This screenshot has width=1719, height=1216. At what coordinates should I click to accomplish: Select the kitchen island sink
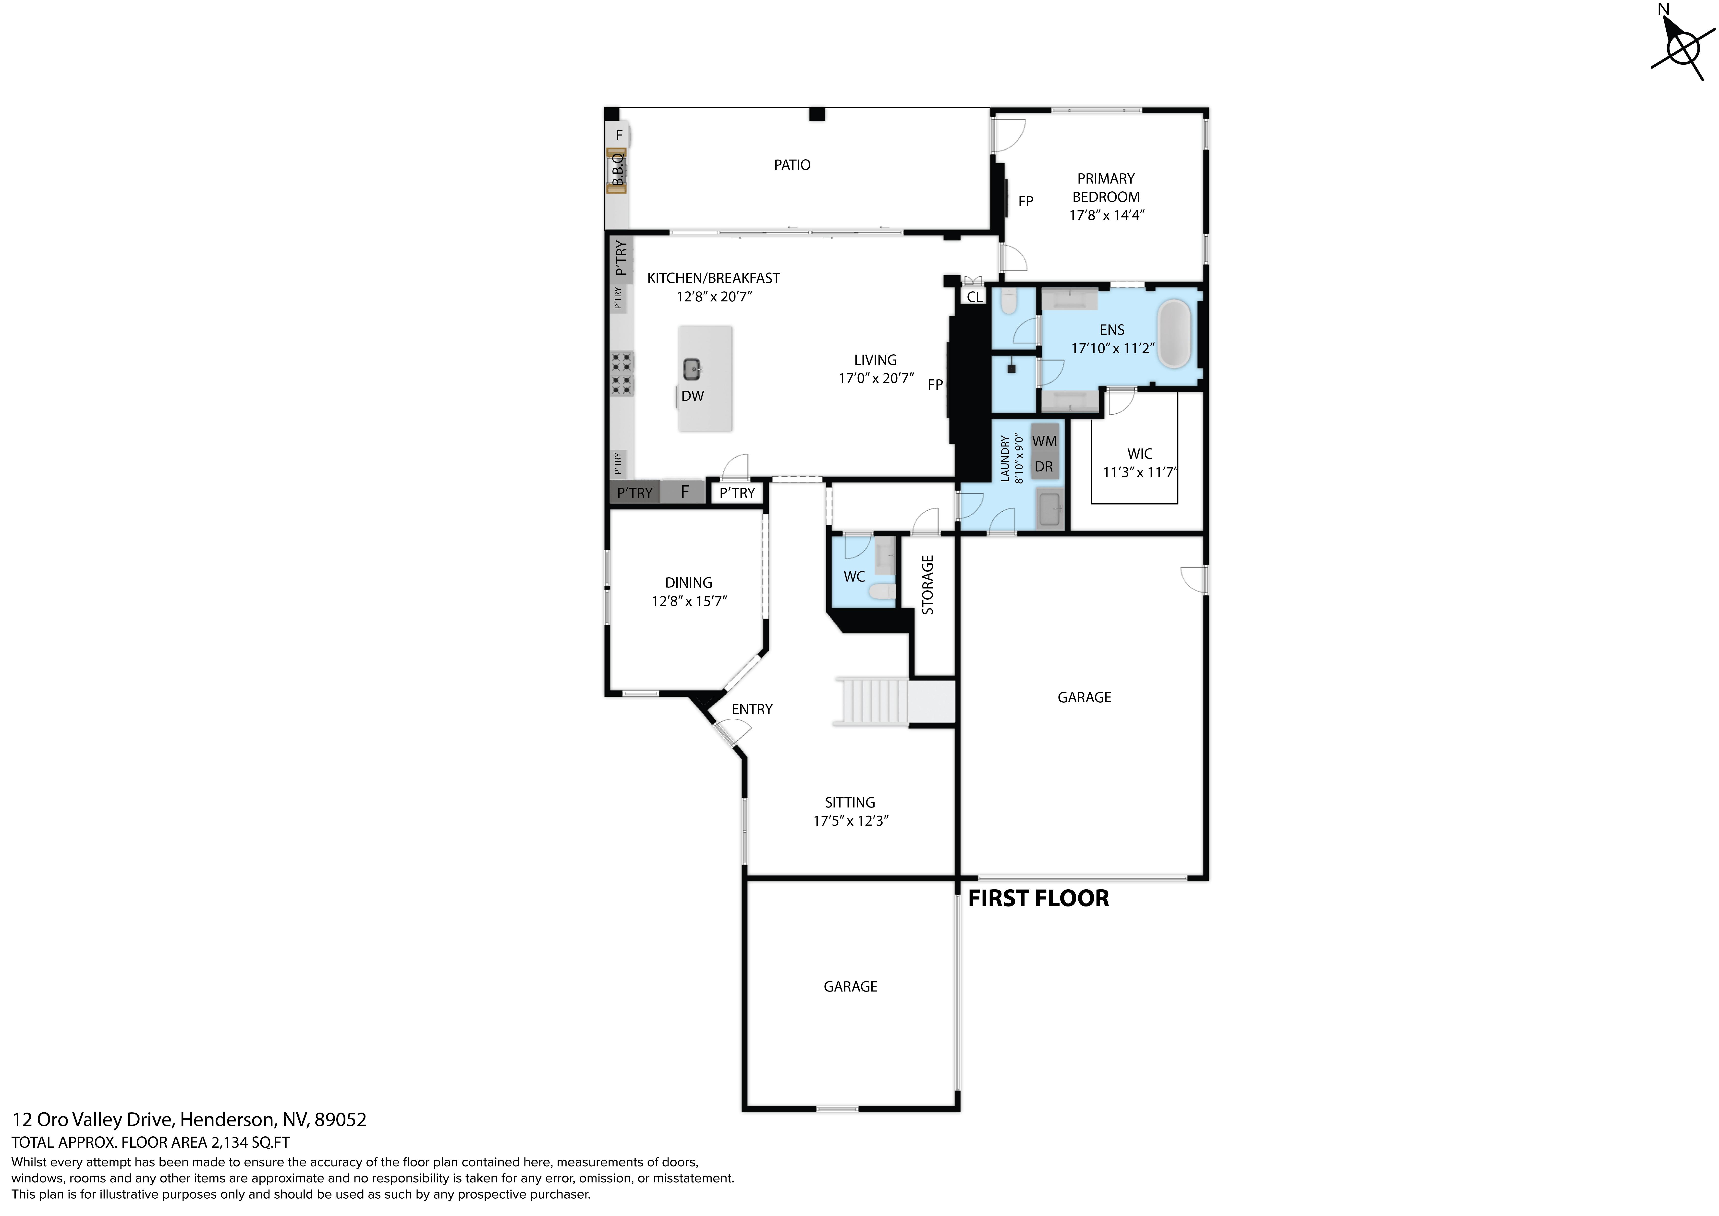pos(692,368)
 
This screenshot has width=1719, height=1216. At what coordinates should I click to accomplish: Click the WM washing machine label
pos(1044,441)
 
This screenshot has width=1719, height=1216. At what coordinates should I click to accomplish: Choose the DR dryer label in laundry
pos(1044,467)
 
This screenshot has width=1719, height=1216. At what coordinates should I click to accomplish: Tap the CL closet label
pos(974,297)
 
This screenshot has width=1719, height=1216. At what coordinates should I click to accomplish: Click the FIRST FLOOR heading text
pos(1038,899)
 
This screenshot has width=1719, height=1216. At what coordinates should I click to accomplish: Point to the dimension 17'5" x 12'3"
pos(851,821)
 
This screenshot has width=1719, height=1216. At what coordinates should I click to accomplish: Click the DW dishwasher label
pos(693,396)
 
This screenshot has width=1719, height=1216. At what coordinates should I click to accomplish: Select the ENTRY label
pos(752,709)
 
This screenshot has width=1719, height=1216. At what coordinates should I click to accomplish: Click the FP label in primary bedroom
pos(1026,201)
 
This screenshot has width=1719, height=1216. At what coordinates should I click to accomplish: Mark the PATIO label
pos(792,165)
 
